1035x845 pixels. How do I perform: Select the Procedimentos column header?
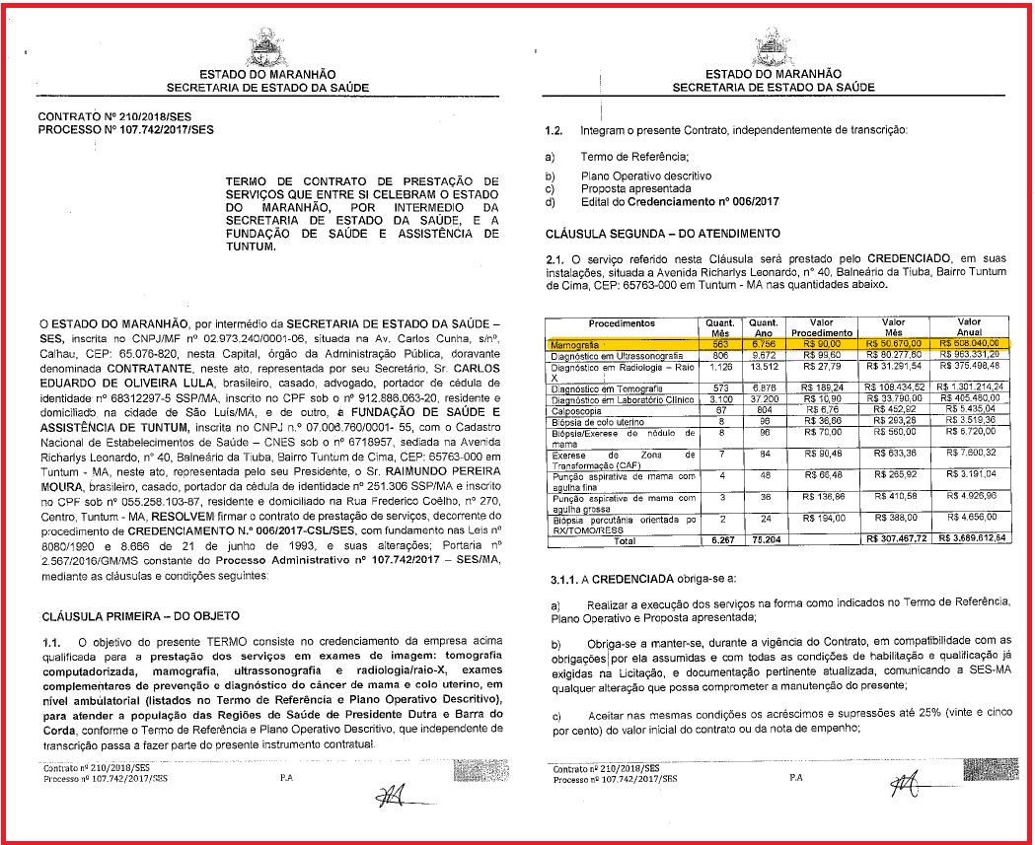point(622,323)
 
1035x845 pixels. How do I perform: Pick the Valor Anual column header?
point(969,327)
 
